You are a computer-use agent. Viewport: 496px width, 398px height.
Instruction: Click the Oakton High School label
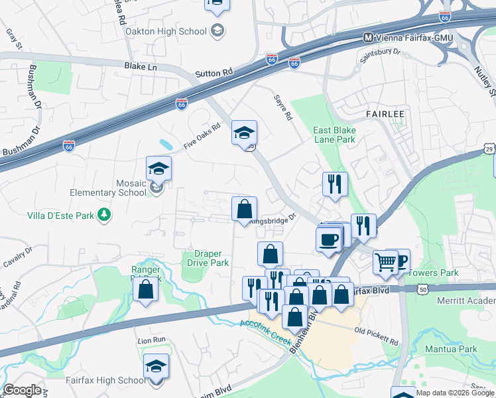174,31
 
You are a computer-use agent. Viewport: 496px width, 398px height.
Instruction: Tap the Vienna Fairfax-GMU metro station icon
367,38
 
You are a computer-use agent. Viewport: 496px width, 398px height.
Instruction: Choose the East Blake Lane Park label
334,135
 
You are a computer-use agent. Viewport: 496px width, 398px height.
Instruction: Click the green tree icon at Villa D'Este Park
103,214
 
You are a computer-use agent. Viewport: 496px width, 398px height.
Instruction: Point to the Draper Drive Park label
206,258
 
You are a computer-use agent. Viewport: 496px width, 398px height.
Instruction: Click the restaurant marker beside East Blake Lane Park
336,184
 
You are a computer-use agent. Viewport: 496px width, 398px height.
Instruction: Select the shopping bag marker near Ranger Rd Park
145,289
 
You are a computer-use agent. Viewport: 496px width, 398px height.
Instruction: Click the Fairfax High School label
105,380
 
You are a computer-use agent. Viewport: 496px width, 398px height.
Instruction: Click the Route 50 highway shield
422,289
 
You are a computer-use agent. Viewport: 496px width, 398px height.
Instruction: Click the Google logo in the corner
22,390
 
